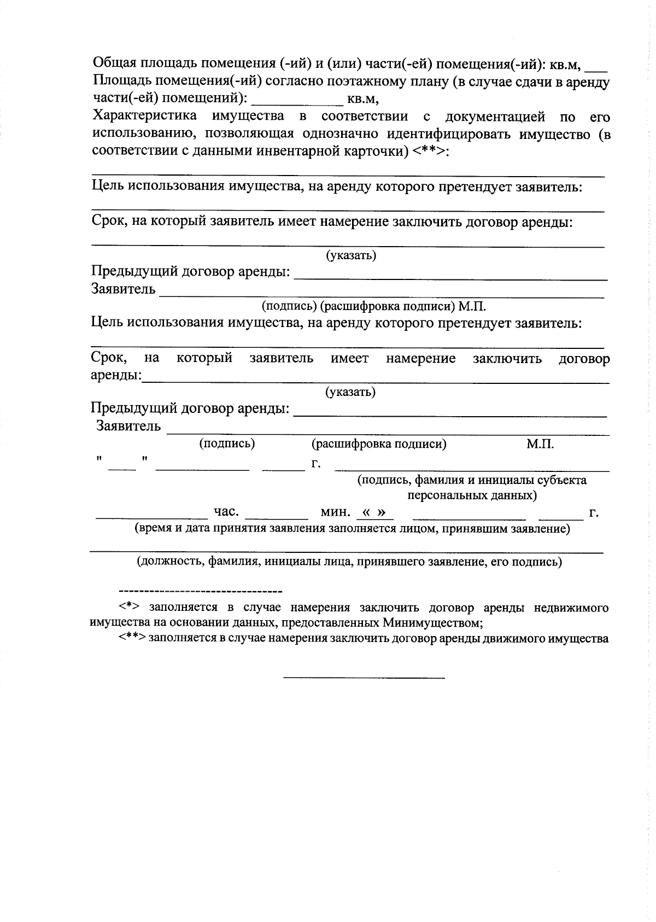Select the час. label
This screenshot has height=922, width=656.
click(x=226, y=512)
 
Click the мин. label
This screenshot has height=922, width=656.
click(x=335, y=512)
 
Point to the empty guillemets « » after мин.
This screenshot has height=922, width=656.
click(x=374, y=512)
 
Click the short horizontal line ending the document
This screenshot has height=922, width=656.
click(x=364, y=679)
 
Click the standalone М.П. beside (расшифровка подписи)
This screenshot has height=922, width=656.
click(x=540, y=444)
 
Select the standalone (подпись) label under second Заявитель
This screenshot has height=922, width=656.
click(x=227, y=444)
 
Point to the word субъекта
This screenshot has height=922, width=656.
click(x=561, y=480)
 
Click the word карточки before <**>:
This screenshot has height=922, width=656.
click(x=377, y=151)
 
